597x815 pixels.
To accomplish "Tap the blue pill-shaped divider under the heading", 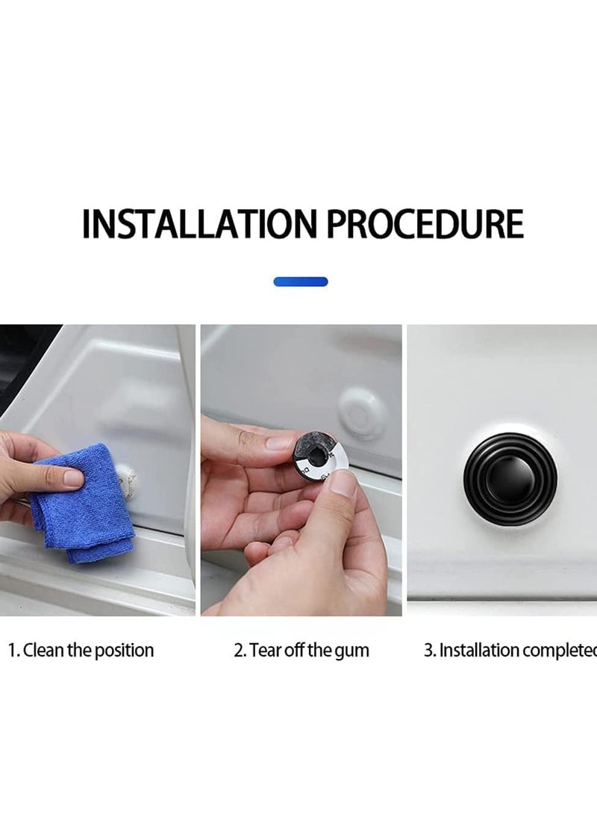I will click(301, 282).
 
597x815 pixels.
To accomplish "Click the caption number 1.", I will click(12, 650).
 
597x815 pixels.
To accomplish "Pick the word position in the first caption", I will click(124, 651).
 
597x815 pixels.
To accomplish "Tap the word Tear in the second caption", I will click(265, 650).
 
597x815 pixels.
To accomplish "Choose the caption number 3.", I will click(429, 650).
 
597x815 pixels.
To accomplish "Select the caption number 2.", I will click(239, 650).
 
